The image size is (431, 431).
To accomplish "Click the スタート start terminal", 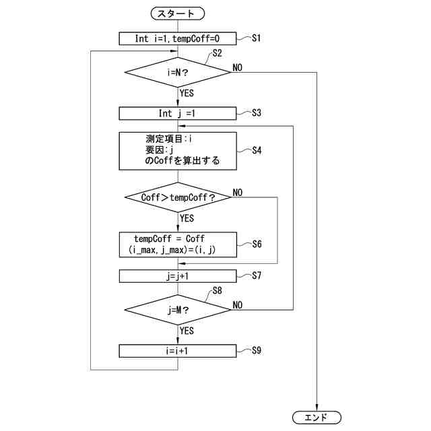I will (x=178, y=13).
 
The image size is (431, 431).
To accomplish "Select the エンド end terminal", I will (x=317, y=418).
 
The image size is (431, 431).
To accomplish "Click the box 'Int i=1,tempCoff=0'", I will (x=178, y=38).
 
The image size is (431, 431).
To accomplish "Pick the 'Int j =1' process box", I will (x=178, y=113).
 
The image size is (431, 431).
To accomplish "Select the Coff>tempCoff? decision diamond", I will (x=178, y=197).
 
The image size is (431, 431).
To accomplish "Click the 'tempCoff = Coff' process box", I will (x=178, y=244).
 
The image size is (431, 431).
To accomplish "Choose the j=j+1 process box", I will (x=178, y=275).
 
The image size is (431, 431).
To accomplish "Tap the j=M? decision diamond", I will (x=178, y=310).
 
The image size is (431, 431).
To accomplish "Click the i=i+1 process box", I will (x=178, y=351).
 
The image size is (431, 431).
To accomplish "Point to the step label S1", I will (x=256, y=38).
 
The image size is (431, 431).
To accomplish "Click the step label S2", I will (x=218, y=53).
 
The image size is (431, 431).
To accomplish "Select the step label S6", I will (x=256, y=244).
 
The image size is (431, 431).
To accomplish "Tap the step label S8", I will (x=218, y=291).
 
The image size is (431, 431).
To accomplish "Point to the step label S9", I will (x=256, y=351).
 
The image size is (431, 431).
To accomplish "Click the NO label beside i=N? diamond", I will (x=238, y=67).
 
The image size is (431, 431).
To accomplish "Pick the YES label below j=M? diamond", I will (x=187, y=331).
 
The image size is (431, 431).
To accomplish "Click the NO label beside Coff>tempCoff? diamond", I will (x=238, y=193).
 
